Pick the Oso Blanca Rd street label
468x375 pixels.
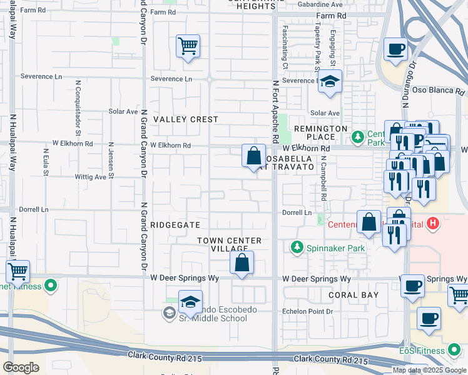click(437, 91)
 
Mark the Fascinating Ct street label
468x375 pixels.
click(285, 47)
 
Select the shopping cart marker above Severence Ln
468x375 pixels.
click(188, 46)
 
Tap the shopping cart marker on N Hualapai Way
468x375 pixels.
click(18, 272)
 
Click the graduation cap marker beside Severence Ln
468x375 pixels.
click(330, 81)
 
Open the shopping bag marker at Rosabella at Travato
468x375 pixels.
click(254, 156)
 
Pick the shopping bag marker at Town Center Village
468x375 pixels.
click(242, 262)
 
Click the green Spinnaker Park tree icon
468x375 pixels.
click(298, 247)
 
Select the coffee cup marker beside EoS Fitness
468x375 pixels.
click(429, 318)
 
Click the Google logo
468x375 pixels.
click(21, 367)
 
